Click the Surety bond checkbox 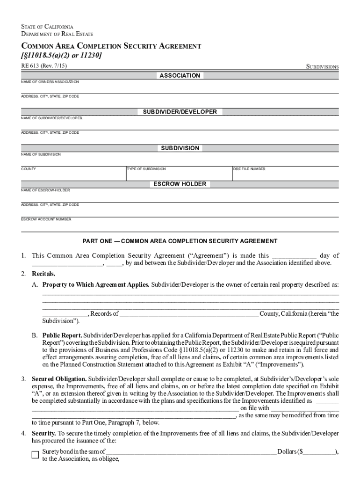click(x=35, y=455)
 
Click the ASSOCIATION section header click(x=180, y=76)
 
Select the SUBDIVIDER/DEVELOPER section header click(x=180, y=112)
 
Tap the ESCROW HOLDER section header click(x=180, y=184)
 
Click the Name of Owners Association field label click(x=50, y=82)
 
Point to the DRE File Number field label click(x=249, y=169)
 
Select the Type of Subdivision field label click(x=146, y=169)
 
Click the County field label click(x=29, y=169)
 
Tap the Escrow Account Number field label click(x=46, y=219)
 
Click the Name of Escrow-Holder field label click(x=45, y=190)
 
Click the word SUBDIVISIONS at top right click(x=322, y=67)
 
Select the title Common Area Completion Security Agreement click(x=111, y=46)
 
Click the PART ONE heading click(x=180, y=241)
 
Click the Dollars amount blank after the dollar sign click(x=319, y=452)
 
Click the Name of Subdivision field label click(x=41, y=154)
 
